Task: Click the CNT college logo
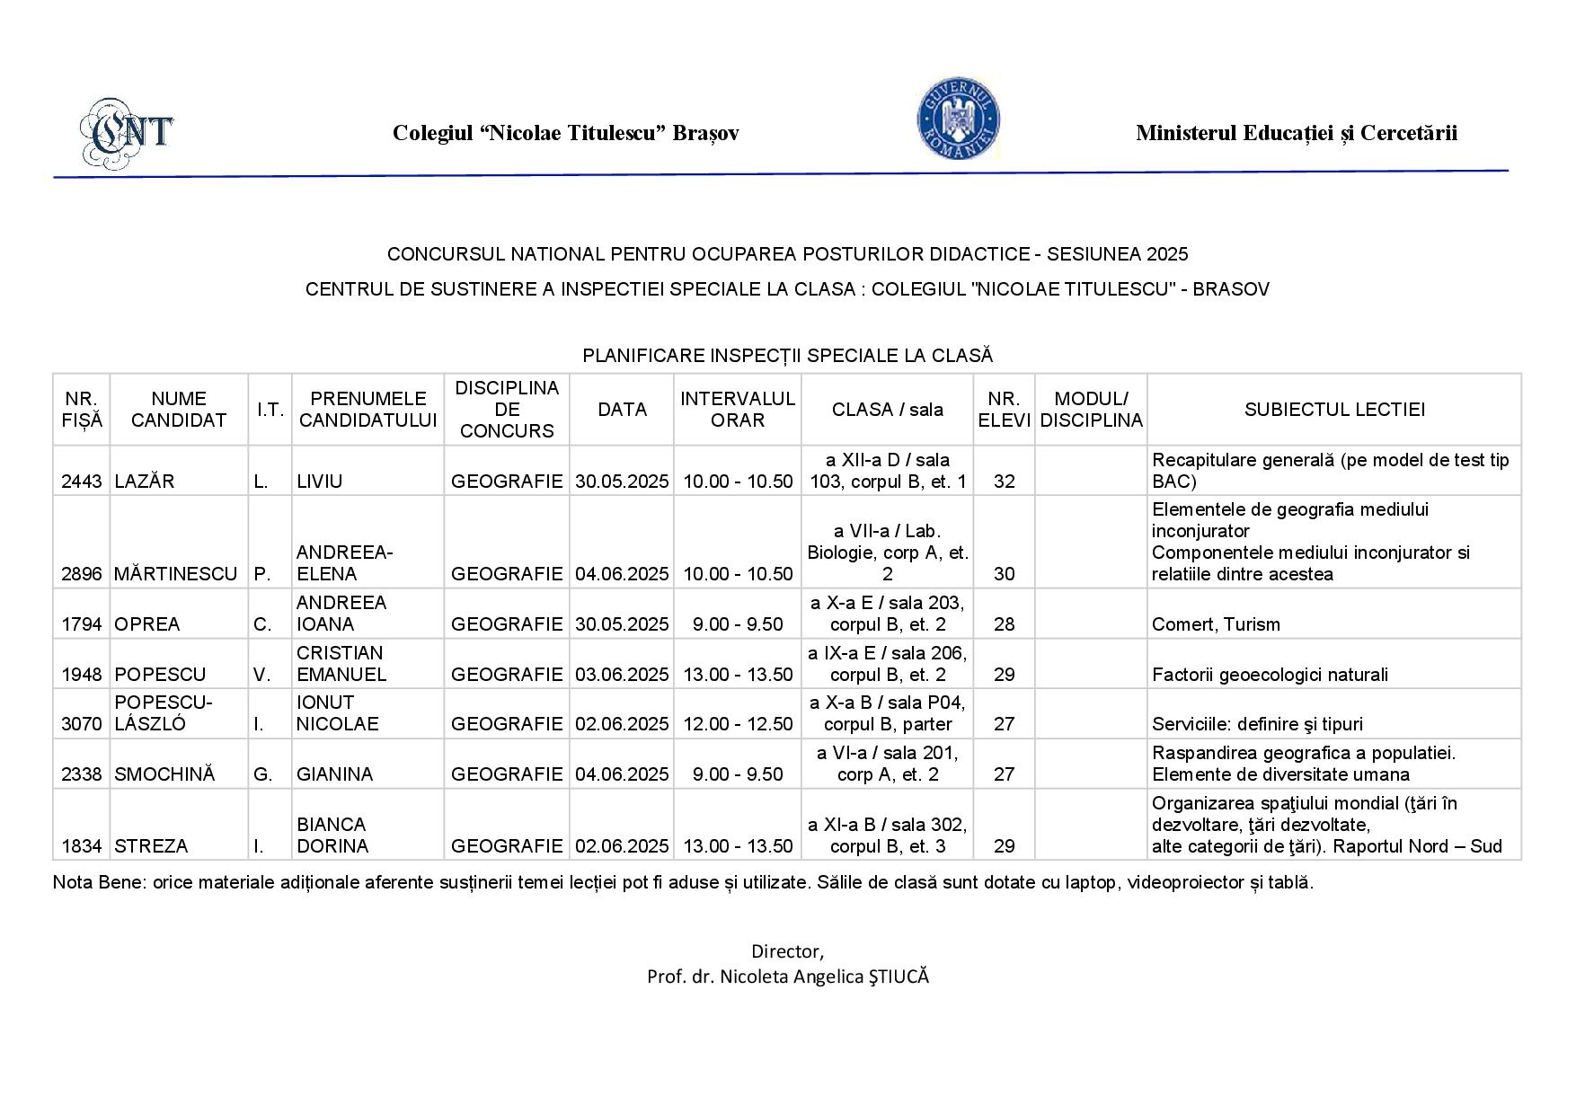127,132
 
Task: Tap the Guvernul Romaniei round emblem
959,120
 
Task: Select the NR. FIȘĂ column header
82,410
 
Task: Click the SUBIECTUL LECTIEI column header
1334,410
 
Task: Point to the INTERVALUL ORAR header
738,410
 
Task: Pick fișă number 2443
81,482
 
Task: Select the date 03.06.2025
622,675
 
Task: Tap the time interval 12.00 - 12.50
738,724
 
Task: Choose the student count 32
1004,482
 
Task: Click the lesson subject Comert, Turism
1216,624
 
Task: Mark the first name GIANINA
334,774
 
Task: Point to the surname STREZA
151,846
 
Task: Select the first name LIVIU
320,482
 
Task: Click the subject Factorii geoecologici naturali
1270,675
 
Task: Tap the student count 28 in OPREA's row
1004,624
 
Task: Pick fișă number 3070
81,724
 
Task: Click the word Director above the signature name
787,951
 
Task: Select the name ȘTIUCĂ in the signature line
899,977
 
